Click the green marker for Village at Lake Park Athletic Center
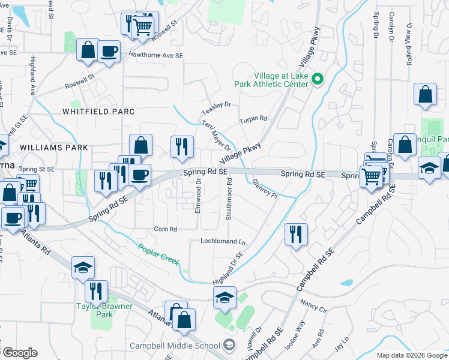[319, 79]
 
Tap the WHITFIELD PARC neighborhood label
[98, 112]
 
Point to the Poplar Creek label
[159, 255]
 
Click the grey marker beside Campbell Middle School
[229, 345]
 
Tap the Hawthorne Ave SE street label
[155, 55]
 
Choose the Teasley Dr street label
[216, 108]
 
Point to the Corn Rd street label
[166, 229]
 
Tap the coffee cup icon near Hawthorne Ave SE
[109, 51]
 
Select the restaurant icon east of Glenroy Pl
[296, 234]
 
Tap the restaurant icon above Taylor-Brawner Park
[96, 291]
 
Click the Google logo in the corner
[19, 353]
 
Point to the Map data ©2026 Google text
[411, 355]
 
